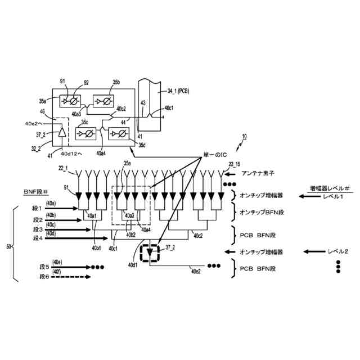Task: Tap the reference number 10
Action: pyautogui.click(x=243, y=137)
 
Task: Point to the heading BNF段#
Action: pyautogui.click(x=35, y=191)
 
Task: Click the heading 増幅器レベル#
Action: pyautogui.click(x=330, y=187)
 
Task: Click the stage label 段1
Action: pyautogui.click(x=38, y=209)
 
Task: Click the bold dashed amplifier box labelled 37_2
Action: pyautogui.click(x=150, y=253)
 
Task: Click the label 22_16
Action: pyautogui.click(x=235, y=164)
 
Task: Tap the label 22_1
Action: pyautogui.click(x=63, y=168)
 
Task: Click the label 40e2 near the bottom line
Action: pyautogui.click(x=196, y=272)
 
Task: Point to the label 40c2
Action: pyautogui.click(x=198, y=236)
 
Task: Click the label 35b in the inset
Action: pyautogui.click(x=116, y=82)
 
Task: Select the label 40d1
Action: pyautogui.click(x=133, y=264)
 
